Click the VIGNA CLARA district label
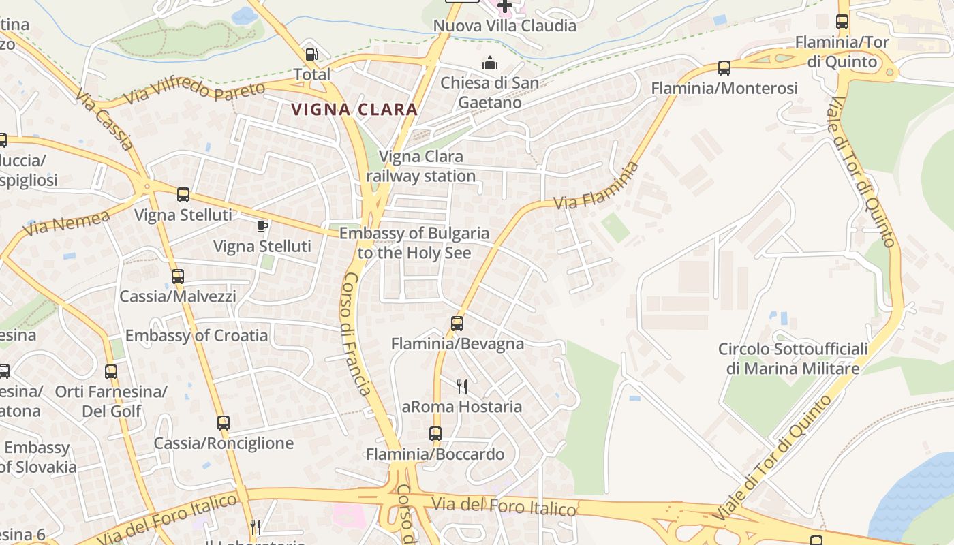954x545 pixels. tap(354, 109)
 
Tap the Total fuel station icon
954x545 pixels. tap(311, 54)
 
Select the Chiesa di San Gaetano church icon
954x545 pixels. tap(489, 64)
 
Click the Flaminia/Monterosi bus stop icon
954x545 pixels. tap(724, 68)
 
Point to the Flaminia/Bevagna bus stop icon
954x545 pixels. tap(457, 324)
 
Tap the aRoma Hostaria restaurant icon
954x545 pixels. tap(462, 387)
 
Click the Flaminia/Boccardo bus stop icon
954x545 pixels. tap(435, 434)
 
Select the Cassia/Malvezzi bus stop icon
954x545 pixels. tap(178, 277)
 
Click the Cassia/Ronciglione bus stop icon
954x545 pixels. tap(224, 423)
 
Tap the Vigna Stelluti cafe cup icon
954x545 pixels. tap(262, 226)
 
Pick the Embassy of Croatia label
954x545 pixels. tap(196, 335)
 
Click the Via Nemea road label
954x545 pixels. tap(66, 223)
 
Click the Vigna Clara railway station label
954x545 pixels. tap(421, 166)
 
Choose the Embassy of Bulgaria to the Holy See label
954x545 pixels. tap(414, 243)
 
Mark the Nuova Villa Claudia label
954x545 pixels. tap(505, 26)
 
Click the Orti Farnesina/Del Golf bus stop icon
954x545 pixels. tap(111, 372)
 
